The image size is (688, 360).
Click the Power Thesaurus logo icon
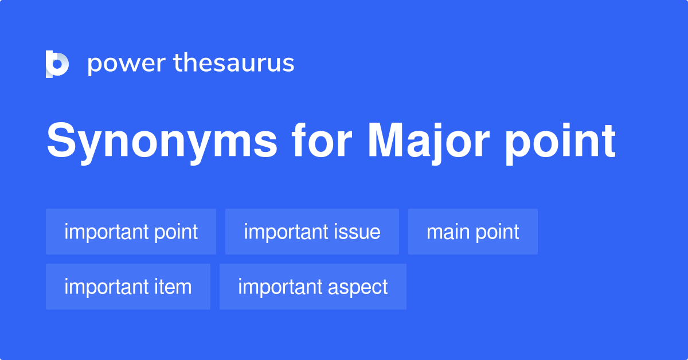[x=57, y=64]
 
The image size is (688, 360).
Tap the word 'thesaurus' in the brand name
[x=234, y=64]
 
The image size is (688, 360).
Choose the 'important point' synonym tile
[x=131, y=232]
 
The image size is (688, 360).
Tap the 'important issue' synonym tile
[x=312, y=232]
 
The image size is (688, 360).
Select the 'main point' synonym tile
[x=473, y=232]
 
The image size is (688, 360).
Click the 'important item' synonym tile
[x=128, y=287]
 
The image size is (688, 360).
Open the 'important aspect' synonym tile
[x=313, y=287]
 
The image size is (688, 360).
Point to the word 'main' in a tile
[x=446, y=232]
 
